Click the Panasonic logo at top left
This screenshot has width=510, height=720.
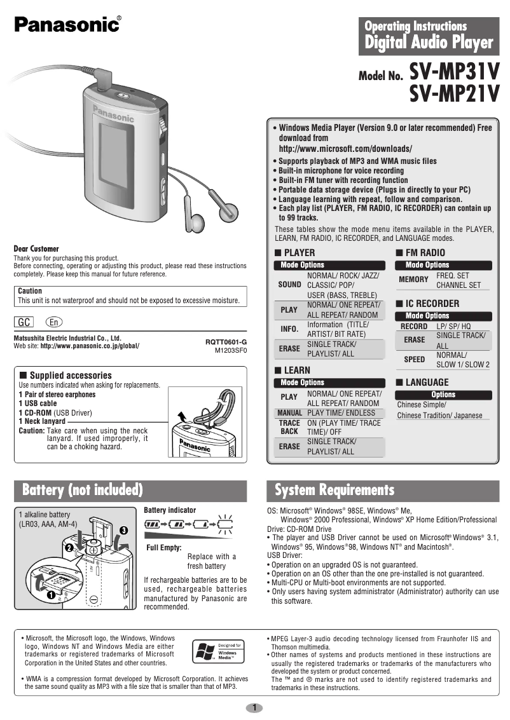(x=67, y=24)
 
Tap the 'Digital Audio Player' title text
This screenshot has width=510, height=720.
(x=429, y=43)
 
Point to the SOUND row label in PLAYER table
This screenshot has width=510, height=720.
(x=289, y=285)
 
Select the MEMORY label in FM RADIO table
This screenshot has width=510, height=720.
(x=413, y=280)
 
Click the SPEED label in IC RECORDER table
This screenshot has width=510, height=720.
(x=415, y=359)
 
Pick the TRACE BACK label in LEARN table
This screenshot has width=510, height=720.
(x=289, y=427)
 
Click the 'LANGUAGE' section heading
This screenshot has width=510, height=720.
(x=427, y=382)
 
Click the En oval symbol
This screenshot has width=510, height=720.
(x=54, y=322)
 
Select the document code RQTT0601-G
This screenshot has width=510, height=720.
(x=226, y=342)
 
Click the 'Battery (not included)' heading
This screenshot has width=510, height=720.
(x=82, y=490)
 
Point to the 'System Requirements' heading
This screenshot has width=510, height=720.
(x=334, y=490)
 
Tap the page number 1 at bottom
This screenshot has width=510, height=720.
(x=254, y=707)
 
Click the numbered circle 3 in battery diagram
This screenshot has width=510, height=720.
(x=123, y=529)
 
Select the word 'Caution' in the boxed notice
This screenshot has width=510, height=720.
(x=30, y=290)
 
